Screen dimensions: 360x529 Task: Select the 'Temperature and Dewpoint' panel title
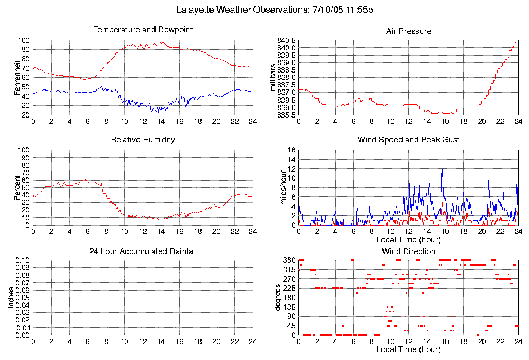143,30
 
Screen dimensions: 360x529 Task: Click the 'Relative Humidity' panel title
143,140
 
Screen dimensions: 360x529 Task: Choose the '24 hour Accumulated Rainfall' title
143,251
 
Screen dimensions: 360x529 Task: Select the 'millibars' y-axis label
273,77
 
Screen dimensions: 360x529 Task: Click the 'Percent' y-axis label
17,188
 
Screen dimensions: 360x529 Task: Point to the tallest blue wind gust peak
442,169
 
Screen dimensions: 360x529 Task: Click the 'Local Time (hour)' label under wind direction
408,349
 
